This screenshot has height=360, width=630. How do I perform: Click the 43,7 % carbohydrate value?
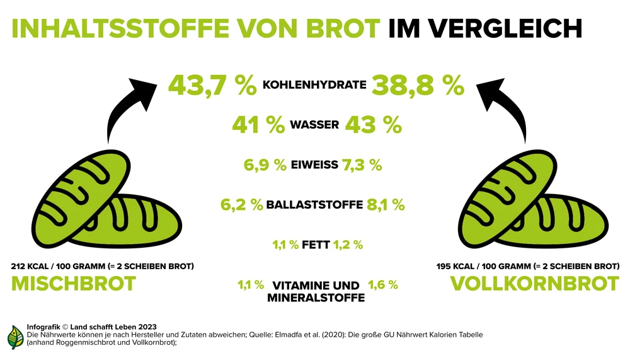[x=212, y=86]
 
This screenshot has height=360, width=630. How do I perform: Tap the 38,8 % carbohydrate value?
[x=418, y=86]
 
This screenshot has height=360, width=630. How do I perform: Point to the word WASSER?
[x=314, y=125]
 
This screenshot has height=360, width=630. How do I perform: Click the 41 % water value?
[x=258, y=125]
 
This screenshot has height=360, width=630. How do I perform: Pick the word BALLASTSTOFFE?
[x=314, y=205]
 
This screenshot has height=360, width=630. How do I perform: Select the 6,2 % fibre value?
[x=241, y=205]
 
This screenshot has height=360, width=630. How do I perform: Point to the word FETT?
[x=316, y=245]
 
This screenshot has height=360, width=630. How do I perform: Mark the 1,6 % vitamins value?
[x=383, y=285]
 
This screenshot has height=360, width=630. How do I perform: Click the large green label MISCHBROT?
[x=74, y=284]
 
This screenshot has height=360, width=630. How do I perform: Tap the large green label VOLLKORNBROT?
[x=535, y=284]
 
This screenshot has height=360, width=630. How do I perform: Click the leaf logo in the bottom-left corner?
[x=15, y=337]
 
